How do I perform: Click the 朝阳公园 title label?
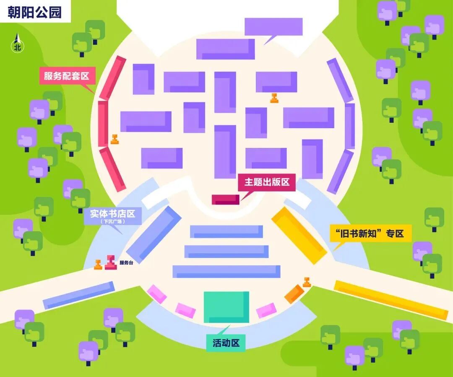point(34,12)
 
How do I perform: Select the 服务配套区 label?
point(67,76)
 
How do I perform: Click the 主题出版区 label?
point(267,182)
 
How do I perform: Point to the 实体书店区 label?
point(112,214)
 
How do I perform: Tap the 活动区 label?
point(226,343)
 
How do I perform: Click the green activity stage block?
point(226,307)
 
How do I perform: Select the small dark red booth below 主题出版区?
point(225,199)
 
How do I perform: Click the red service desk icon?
point(110,262)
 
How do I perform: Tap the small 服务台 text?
point(126,263)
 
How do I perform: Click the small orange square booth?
point(294,294)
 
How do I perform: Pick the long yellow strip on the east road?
point(391,300)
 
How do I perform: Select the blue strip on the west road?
point(79,295)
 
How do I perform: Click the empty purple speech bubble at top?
point(273,27)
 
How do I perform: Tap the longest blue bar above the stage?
point(226,271)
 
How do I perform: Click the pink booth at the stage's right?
point(266,310)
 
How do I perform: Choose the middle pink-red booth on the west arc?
point(103,124)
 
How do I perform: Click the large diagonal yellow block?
point(299,235)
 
